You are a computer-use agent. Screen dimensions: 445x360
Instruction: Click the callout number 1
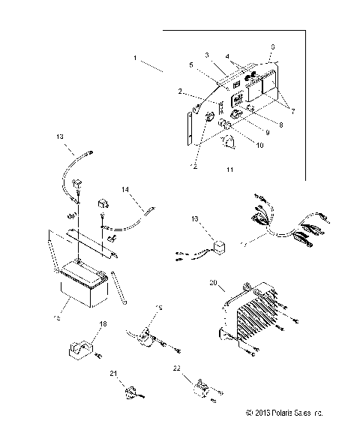pyautogui.click(x=136, y=58)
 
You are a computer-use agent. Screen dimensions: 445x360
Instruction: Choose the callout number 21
pyautogui.click(x=113, y=373)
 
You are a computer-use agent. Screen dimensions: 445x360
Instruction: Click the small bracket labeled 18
pyautogui.click(x=83, y=347)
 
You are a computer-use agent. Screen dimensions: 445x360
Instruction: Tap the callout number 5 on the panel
pyautogui.click(x=192, y=66)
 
